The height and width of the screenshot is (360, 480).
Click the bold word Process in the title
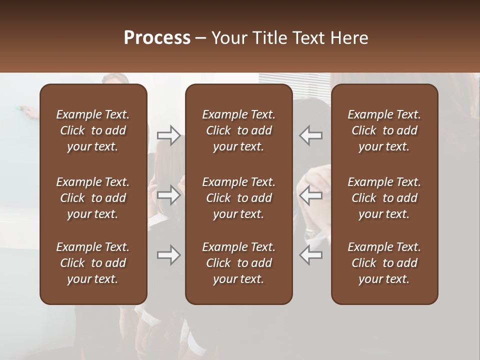(x=157, y=38)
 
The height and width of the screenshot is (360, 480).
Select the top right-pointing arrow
(x=168, y=135)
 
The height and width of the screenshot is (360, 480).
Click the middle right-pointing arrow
(x=168, y=195)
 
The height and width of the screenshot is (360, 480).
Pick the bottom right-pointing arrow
(x=168, y=255)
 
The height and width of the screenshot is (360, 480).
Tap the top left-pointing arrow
(x=310, y=135)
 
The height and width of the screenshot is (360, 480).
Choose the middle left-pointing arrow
(x=310, y=195)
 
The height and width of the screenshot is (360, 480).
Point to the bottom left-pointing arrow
(x=310, y=255)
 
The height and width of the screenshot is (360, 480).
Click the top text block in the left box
(x=93, y=130)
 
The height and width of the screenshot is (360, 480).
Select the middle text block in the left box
(x=93, y=198)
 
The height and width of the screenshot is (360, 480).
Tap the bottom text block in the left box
(x=93, y=263)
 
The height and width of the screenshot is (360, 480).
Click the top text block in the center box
(x=238, y=130)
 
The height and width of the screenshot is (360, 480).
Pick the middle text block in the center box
(x=238, y=198)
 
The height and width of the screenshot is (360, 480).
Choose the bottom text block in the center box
(x=238, y=263)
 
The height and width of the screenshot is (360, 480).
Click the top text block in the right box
(x=384, y=130)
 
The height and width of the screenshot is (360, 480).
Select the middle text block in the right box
(x=384, y=198)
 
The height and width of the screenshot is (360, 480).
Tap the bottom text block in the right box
(x=384, y=263)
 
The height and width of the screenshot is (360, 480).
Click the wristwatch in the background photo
(x=311, y=233)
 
